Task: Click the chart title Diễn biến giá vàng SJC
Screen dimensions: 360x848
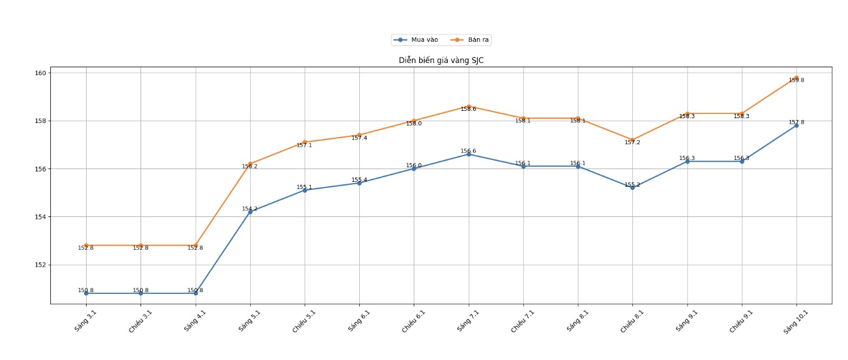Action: (441, 60)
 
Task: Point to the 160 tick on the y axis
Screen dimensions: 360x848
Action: (41, 73)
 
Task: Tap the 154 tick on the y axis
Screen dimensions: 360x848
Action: (41, 217)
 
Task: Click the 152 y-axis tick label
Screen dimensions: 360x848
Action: (41, 265)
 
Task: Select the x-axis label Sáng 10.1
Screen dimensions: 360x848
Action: (795, 321)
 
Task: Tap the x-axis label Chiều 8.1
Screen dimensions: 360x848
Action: (632, 321)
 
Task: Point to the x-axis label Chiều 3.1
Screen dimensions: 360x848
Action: (140, 321)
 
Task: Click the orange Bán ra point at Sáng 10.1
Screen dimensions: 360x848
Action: (796, 78)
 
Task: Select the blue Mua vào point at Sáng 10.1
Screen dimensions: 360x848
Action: (796, 125)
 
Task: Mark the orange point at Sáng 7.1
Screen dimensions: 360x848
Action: (468, 107)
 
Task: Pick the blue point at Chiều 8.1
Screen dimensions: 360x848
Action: (632, 187)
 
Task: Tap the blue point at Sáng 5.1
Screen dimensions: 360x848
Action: (250, 212)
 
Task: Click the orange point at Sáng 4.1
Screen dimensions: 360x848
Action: (195, 245)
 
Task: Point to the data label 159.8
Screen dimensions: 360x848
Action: (796, 81)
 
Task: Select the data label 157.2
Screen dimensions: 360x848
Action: (632, 142)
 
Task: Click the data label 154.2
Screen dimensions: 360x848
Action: (250, 208)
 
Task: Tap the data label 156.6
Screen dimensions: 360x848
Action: (468, 151)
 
